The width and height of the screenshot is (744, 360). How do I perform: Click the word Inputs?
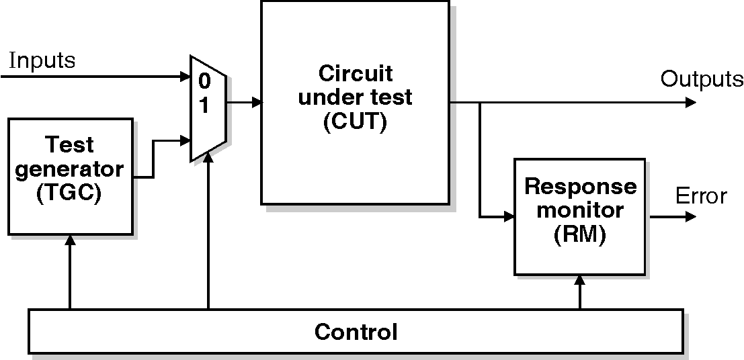pos(42,60)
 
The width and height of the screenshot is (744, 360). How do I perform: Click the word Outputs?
pos(702,79)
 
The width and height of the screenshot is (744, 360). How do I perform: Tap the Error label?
pos(701,196)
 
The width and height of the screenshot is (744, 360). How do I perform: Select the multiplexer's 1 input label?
pos(204,106)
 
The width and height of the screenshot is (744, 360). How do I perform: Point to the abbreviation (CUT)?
pos(355,122)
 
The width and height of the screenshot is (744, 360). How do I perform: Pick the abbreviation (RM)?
pos(579,235)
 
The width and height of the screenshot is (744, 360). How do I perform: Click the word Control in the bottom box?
pos(356,332)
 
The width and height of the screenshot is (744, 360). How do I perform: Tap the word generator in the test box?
pos(70,169)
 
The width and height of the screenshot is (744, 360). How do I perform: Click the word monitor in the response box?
pos(579,210)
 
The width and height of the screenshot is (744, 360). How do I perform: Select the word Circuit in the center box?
pos(355,73)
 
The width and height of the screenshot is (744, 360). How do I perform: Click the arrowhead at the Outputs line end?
pos(690,103)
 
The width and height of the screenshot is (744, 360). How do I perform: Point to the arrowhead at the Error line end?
pos(690,217)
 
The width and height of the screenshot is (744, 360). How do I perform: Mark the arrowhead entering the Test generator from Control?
pos(69,240)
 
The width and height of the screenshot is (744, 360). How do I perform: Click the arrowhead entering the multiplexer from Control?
pos(209,158)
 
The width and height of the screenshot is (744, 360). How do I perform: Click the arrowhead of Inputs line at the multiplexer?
pos(185,77)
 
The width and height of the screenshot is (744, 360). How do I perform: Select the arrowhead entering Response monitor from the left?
pos(508,217)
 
